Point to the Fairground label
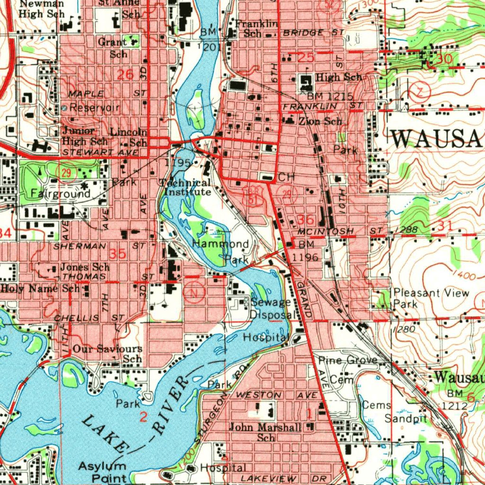coord(60,194)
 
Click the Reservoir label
coord(94,108)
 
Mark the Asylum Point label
coord(103,471)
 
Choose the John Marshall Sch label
coord(265,432)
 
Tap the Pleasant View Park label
coord(431,297)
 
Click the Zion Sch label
coord(320,121)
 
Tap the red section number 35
coord(117,254)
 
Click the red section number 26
coord(126,74)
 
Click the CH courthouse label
coord(287,177)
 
